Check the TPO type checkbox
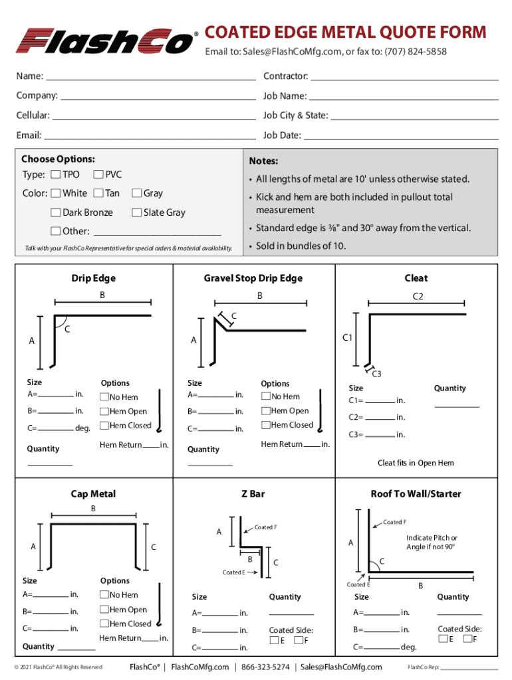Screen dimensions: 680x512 pyautogui.click(x=55, y=175)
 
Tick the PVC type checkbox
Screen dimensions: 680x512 pyautogui.click(x=98, y=175)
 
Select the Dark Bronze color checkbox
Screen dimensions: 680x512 pyautogui.click(x=56, y=212)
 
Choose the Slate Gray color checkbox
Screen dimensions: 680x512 pyautogui.click(x=136, y=212)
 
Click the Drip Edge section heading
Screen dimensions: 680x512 pyautogui.click(x=94, y=278)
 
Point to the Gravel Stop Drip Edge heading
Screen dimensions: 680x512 pyautogui.click(x=253, y=278)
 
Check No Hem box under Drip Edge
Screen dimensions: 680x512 pyautogui.click(x=104, y=397)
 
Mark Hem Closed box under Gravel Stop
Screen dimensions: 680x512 pyautogui.click(x=265, y=425)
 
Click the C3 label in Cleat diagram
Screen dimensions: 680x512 pyautogui.click(x=376, y=374)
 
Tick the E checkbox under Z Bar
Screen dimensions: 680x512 pyautogui.click(x=273, y=641)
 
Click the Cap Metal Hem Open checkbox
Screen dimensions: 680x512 pyautogui.click(x=104, y=610)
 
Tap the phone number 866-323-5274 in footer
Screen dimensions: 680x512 pyautogui.click(x=265, y=667)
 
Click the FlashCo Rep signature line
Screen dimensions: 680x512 pyautogui.click(x=469, y=669)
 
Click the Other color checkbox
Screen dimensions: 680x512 pyautogui.click(x=56, y=231)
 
